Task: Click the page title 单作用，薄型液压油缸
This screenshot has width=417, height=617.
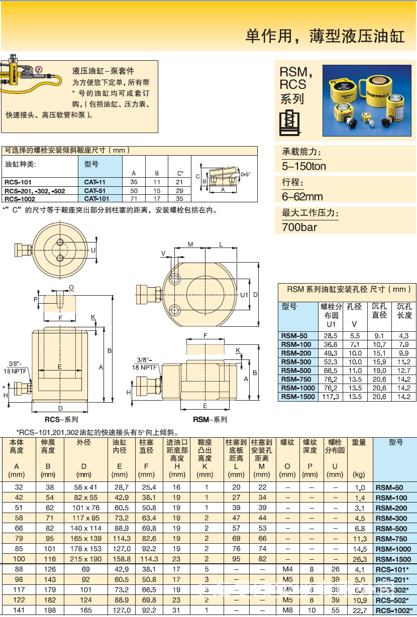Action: pos(325,36)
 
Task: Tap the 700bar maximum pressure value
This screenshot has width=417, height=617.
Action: pos(299,227)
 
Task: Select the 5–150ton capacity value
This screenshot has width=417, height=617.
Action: pos(303,166)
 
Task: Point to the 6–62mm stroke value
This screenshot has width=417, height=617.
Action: pos(302,196)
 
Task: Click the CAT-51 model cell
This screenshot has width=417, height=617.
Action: pos(94,191)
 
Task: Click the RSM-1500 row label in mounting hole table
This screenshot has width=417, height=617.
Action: pos(298,397)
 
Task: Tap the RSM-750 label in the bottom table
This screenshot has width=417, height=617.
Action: pos(391,538)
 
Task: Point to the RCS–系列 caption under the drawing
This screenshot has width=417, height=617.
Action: pos(61,419)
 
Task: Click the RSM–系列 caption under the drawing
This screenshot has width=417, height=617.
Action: pos(210,419)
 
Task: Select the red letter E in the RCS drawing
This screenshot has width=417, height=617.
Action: pos(59,367)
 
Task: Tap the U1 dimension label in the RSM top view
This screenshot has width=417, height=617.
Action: pos(244,295)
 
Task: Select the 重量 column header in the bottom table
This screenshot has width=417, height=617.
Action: pos(359,443)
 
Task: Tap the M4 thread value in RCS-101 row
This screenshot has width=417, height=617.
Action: pos(287,570)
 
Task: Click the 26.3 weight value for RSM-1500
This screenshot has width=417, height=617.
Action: pos(359,559)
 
